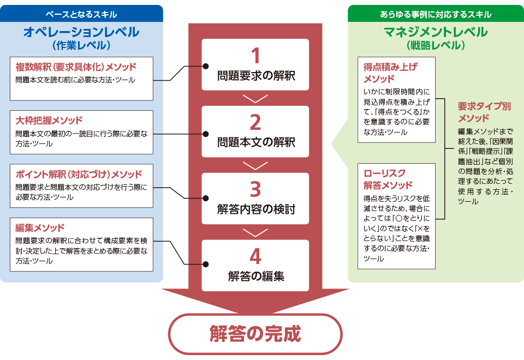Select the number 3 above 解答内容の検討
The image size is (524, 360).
click(255, 190)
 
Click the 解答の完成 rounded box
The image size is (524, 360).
click(255, 333)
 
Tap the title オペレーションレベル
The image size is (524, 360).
click(81, 32)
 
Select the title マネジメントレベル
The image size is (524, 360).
click(436, 32)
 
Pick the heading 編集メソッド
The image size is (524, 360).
click(40, 227)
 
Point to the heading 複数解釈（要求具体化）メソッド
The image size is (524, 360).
click(76, 67)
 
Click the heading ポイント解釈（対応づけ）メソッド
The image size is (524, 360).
click(79, 174)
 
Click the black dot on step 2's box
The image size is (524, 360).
click(206, 134)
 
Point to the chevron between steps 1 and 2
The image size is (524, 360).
click(255, 98)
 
